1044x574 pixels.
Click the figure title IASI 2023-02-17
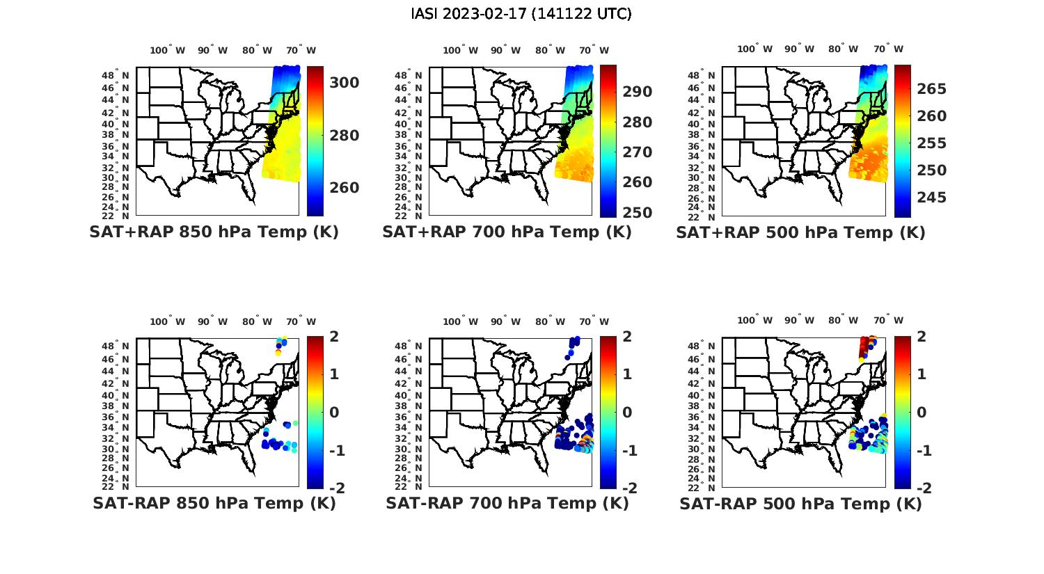coord(521,14)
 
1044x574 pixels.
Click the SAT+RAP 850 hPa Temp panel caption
coord(214,232)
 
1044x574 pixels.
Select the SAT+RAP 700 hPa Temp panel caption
coord(507,232)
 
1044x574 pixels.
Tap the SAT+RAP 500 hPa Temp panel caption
coord(800,232)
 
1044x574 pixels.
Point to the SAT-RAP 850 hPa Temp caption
coord(214,504)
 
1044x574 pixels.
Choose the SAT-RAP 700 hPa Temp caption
coord(507,504)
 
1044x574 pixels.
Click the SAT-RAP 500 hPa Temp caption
coord(800,504)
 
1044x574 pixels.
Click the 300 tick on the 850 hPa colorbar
coord(345,83)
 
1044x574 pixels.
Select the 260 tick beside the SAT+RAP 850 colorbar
coord(345,188)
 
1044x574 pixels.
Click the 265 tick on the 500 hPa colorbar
coord(931,89)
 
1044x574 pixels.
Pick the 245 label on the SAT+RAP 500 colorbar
coord(931,198)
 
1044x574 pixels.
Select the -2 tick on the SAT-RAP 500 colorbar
coord(921,488)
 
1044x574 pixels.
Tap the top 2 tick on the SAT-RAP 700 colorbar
coord(626,337)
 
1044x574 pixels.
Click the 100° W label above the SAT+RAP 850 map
coord(168,50)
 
